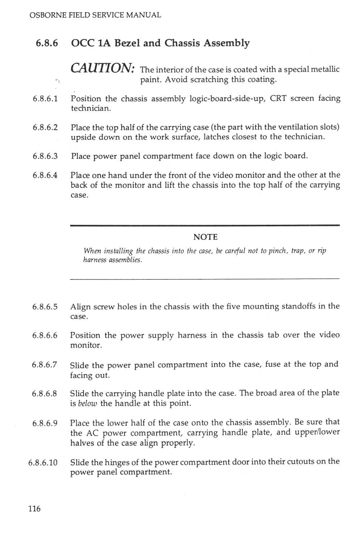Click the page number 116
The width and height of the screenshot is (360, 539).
(35, 509)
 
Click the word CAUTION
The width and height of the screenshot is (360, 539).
(103, 68)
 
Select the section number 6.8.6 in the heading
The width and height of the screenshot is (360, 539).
(47, 43)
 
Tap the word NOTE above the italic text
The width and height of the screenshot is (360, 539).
(206, 237)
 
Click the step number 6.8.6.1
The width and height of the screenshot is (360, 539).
(45, 98)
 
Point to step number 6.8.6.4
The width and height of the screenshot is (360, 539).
(45, 175)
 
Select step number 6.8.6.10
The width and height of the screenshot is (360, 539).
(43, 463)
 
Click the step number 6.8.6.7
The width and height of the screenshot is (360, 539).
(45, 365)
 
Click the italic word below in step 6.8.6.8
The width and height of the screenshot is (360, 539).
(88, 403)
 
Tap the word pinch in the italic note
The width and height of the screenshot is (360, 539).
(278, 250)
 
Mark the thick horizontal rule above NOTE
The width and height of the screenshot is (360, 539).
(205, 226)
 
